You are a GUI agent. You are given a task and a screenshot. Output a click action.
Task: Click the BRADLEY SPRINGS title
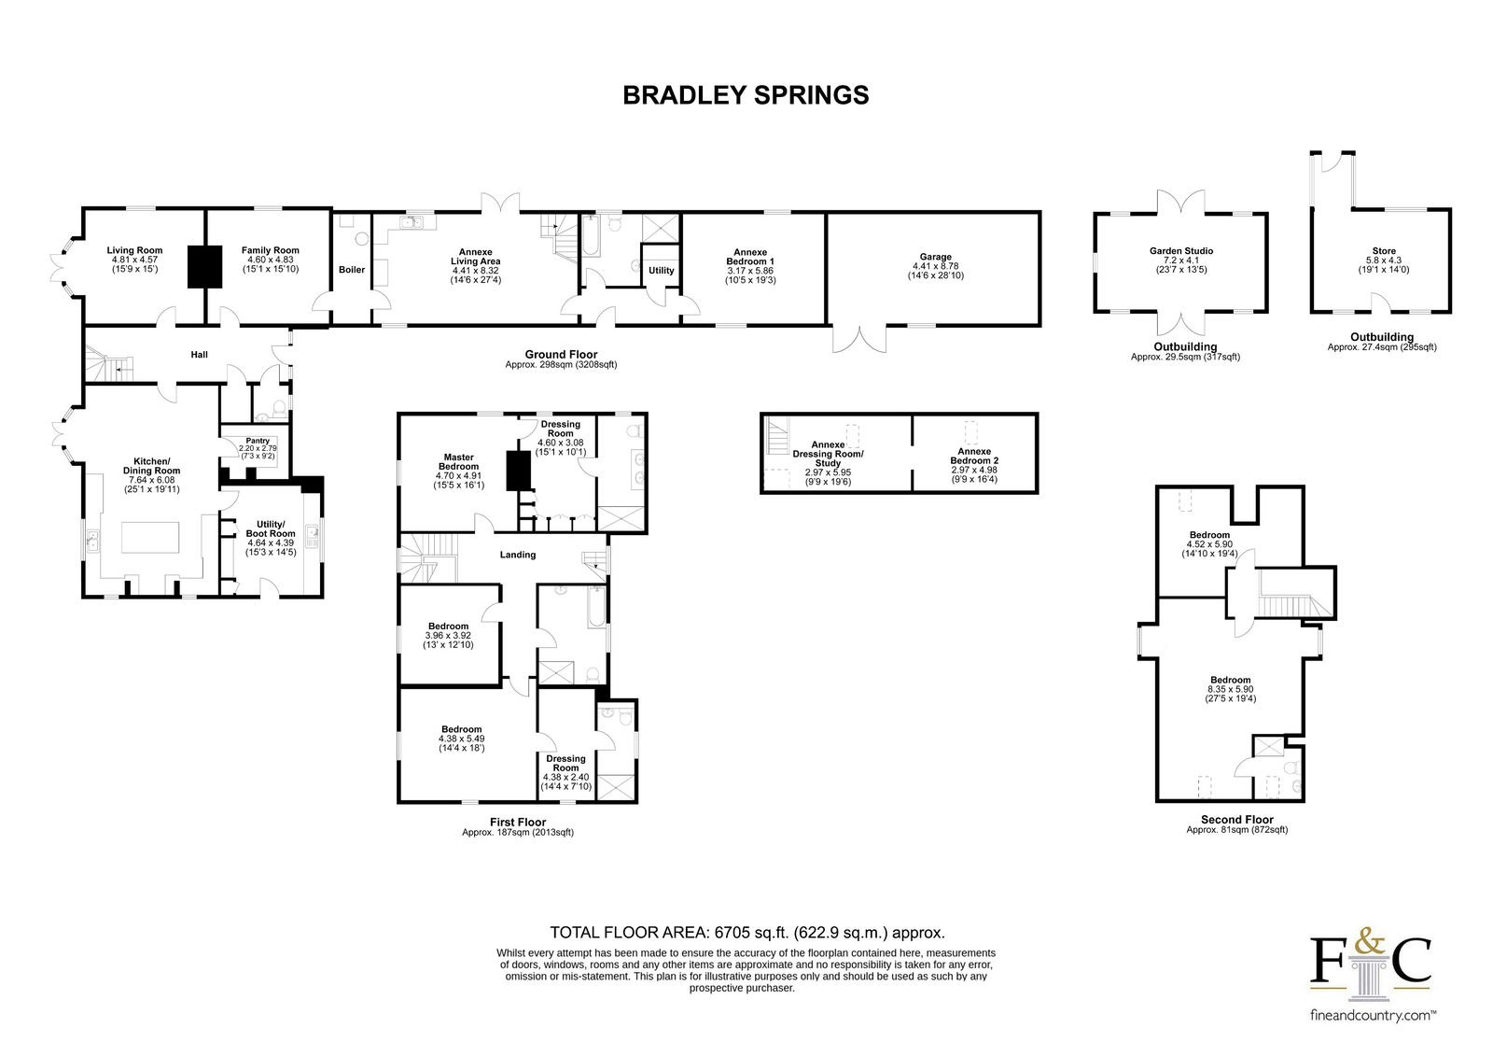(x=746, y=95)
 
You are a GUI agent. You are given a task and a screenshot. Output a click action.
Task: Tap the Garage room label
(x=935, y=257)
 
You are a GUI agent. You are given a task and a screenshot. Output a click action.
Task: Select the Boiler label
(x=352, y=270)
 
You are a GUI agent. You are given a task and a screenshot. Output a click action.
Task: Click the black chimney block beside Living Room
(x=204, y=267)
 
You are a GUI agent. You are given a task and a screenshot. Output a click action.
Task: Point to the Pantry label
(x=258, y=441)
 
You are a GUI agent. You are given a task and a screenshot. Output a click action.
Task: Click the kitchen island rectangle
(x=150, y=537)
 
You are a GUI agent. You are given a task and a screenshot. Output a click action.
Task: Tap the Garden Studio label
(x=1181, y=251)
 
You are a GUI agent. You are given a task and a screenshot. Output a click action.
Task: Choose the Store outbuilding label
(x=1384, y=251)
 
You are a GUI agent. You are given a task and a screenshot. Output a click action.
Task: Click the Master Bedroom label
(x=458, y=461)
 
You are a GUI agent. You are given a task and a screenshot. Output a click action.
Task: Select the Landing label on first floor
(x=518, y=555)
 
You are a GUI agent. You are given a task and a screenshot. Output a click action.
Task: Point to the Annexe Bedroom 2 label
(x=974, y=456)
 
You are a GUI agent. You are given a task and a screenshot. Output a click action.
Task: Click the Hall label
(x=200, y=354)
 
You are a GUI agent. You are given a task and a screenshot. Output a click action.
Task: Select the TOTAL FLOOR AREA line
(x=747, y=932)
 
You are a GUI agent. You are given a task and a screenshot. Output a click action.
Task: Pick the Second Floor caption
(x=1237, y=819)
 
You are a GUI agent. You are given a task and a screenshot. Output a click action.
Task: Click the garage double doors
(x=859, y=338)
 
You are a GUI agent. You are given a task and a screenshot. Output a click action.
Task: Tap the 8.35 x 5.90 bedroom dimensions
(x=1231, y=689)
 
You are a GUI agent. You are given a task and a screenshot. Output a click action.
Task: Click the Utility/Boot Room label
(x=271, y=529)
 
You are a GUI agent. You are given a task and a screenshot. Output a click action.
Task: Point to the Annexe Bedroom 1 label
(x=750, y=257)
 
